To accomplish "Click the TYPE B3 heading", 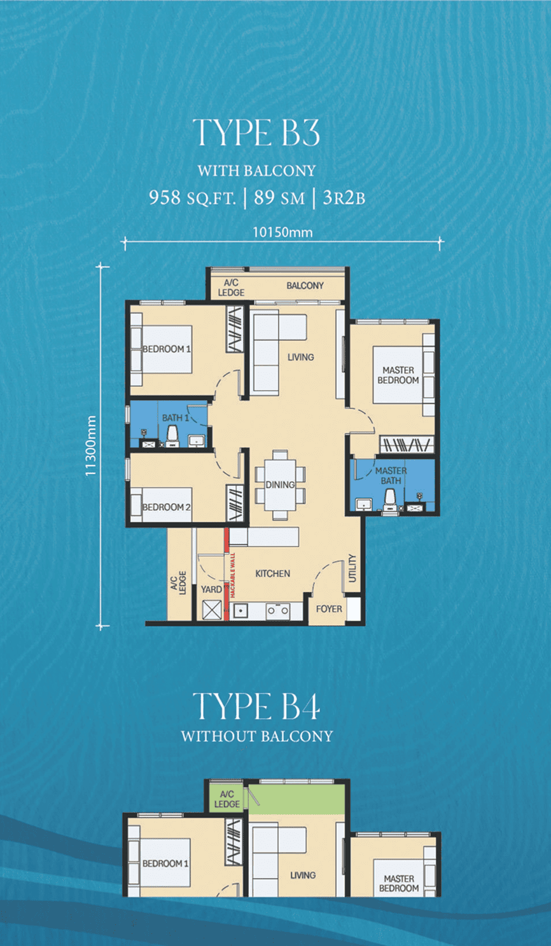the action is (x=256, y=132).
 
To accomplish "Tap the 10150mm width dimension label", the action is (x=282, y=232).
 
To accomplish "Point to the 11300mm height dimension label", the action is (x=91, y=446).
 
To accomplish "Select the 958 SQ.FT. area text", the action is (x=193, y=198).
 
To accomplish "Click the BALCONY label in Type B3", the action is (x=305, y=286).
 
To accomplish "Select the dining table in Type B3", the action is (x=280, y=485).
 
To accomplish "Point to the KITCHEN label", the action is (x=273, y=573).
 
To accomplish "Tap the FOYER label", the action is (x=329, y=609).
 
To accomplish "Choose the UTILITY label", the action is (x=352, y=569).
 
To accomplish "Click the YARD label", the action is (x=211, y=590).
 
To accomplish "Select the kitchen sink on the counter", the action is (x=241, y=611).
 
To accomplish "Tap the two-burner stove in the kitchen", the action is (x=278, y=611).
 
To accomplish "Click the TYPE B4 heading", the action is (x=256, y=706).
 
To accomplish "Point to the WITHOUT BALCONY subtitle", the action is (x=256, y=737).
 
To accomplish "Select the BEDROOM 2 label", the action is (x=166, y=507).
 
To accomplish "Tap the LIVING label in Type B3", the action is (x=300, y=358).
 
